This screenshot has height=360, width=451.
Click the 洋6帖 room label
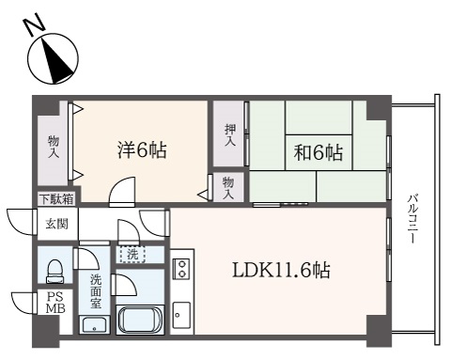coord(142,150)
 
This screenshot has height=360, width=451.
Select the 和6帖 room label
coord(319,152)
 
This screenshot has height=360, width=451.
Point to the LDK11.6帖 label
coord(281,270)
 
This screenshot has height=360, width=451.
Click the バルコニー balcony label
coord(413,218)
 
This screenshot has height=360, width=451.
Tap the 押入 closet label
coord(230,135)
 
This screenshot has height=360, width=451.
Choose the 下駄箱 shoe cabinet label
coord(57,199)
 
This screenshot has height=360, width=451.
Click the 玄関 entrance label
coord(56,224)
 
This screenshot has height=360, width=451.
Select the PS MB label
coord(55,303)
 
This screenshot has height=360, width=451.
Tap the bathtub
coord(140,320)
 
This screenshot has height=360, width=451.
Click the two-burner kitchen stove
coord(181,269)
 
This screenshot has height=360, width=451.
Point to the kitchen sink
coord(181,315)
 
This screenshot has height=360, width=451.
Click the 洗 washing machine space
coord(132,255)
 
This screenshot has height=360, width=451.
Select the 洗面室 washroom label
coord(96,291)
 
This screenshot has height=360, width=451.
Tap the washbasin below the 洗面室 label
coord(95,325)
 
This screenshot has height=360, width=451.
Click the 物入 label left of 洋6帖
coord(54,147)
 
